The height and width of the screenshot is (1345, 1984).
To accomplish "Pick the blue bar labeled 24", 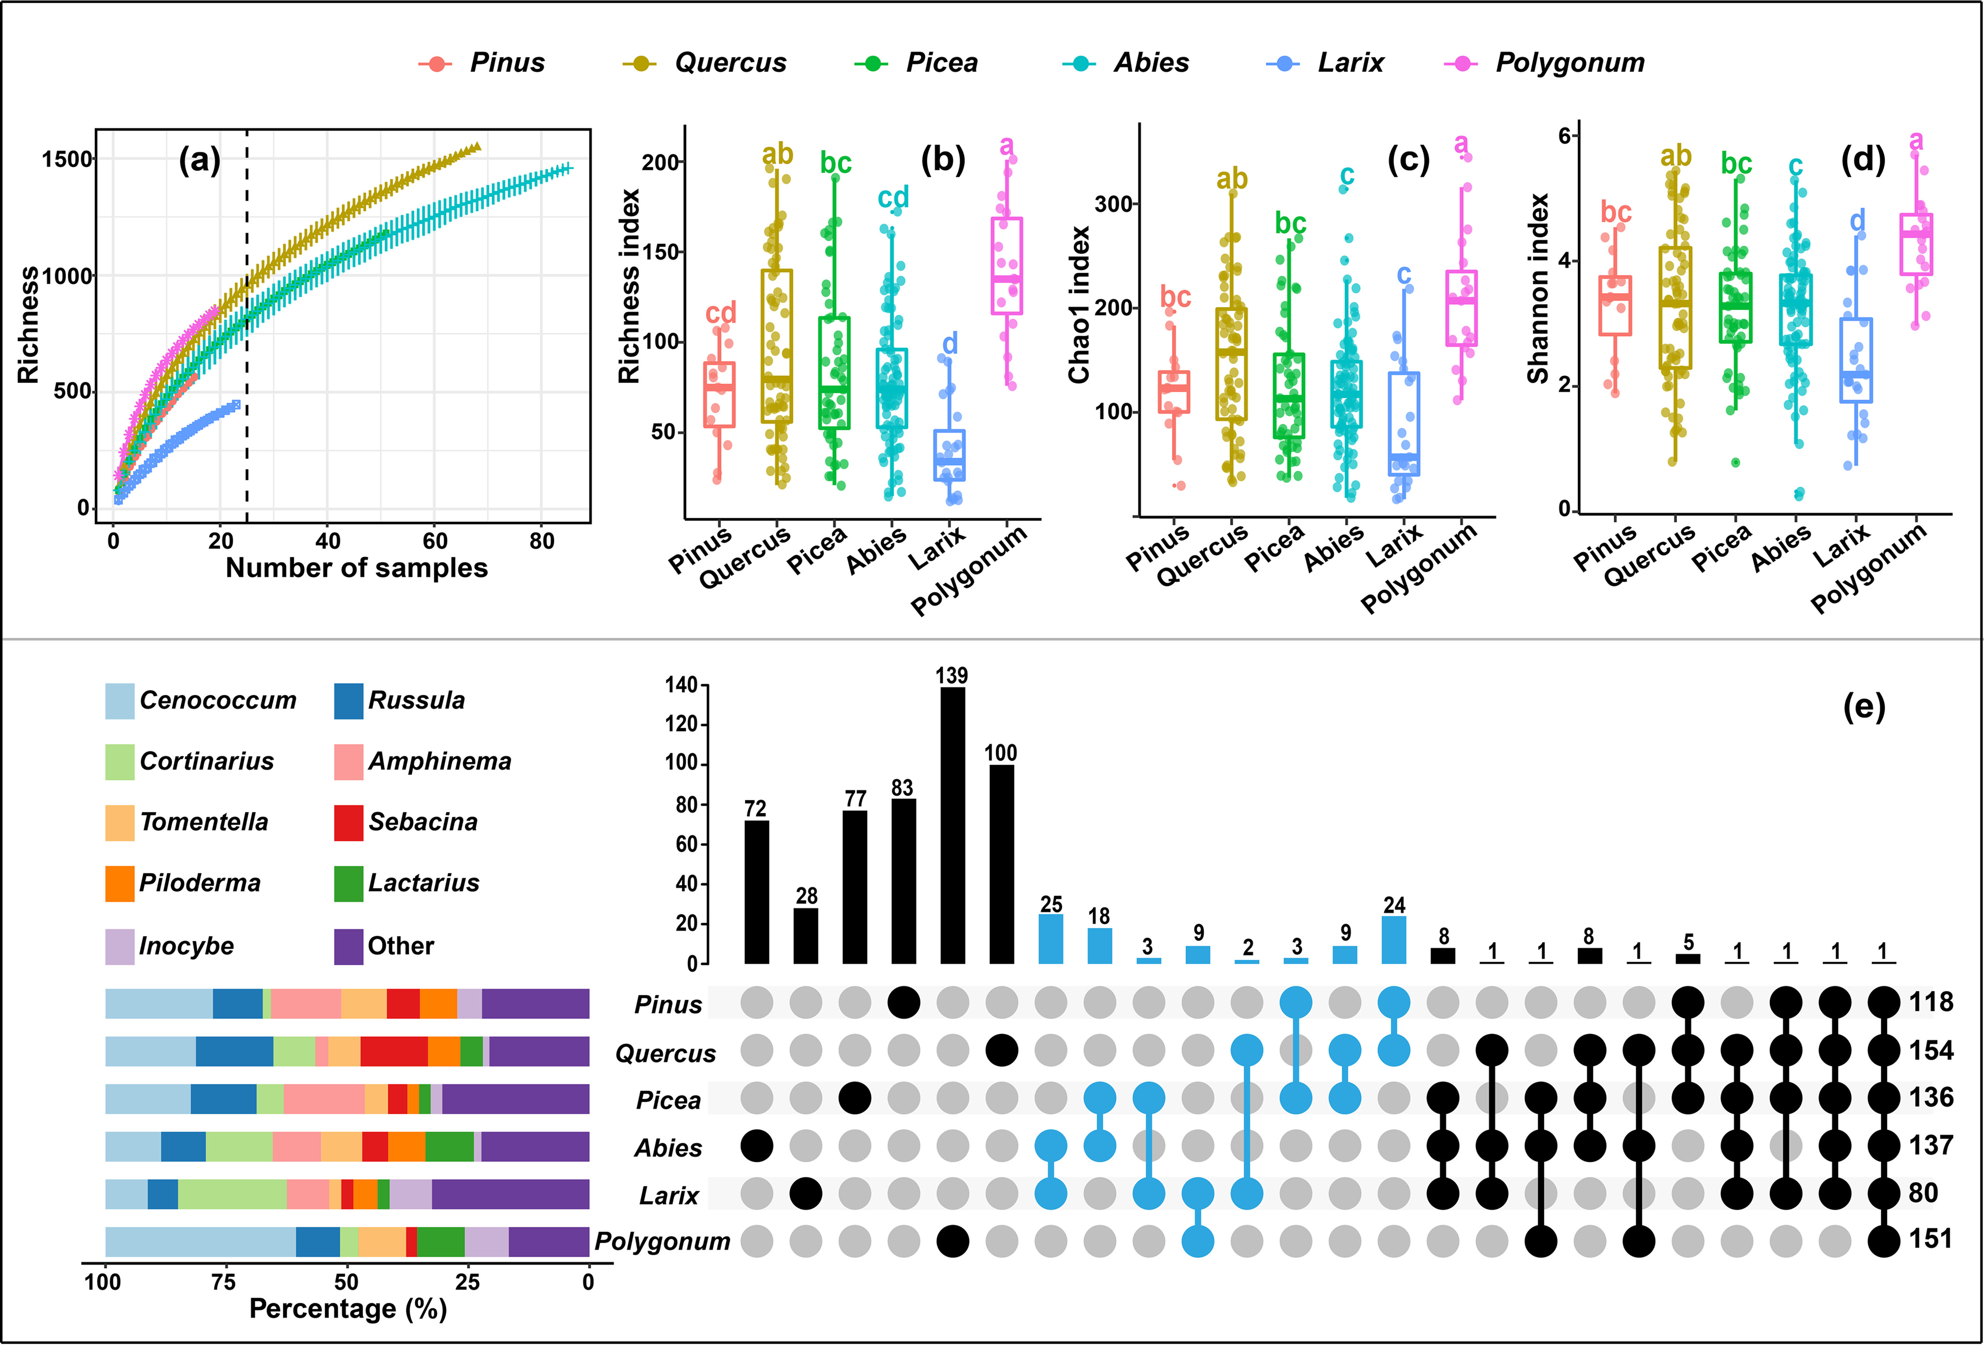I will coord(1393,940).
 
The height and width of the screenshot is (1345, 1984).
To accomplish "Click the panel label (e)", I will coord(1863,706).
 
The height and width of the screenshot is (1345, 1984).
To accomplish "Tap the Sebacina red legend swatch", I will coord(348,822).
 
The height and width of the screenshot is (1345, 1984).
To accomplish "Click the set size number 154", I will coord(1931,1050).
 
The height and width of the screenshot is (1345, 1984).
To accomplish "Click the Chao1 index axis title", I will coord(1080,305).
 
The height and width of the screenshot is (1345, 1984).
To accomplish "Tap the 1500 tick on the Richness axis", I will coord(66,160).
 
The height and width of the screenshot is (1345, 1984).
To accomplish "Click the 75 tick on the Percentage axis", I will coord(224,1282).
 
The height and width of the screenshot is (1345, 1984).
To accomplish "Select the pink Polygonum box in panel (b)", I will coord(1007,265).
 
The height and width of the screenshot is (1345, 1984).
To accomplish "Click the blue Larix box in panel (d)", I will coord(1857,359).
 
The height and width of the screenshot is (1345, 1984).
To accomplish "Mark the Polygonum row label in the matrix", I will coord(663,1242).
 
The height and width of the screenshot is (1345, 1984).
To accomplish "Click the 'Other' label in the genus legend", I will coord(401,946).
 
